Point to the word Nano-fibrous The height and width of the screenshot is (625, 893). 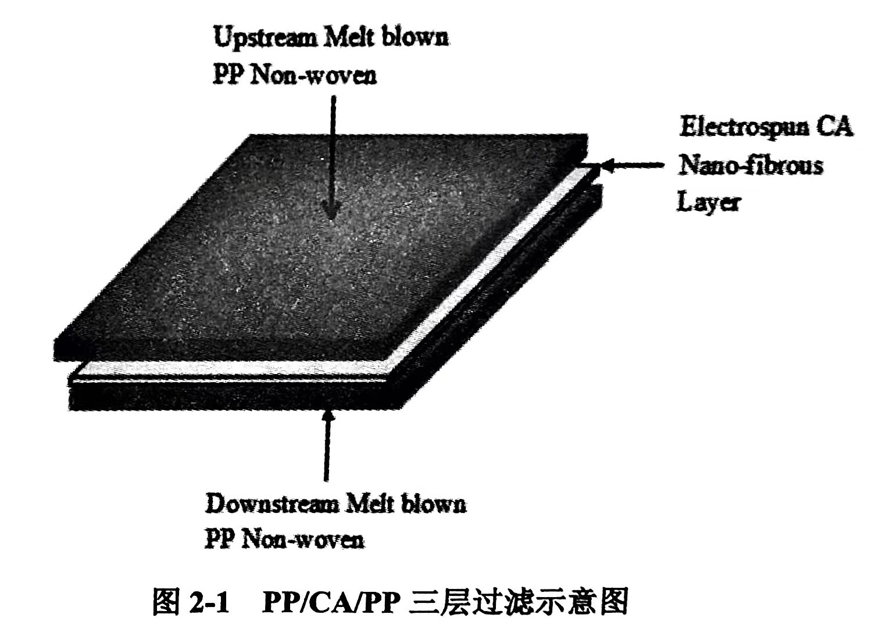pyautogui.click(x=750, y=166)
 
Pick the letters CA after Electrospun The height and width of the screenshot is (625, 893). pyautogui.click(x=835, y=127)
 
